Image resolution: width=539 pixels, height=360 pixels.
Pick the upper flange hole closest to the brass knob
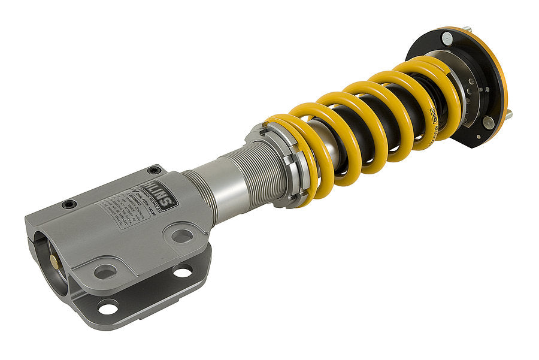105,271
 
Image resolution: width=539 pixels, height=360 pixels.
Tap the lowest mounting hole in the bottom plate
107,308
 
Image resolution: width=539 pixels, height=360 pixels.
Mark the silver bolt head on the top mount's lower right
487,122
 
